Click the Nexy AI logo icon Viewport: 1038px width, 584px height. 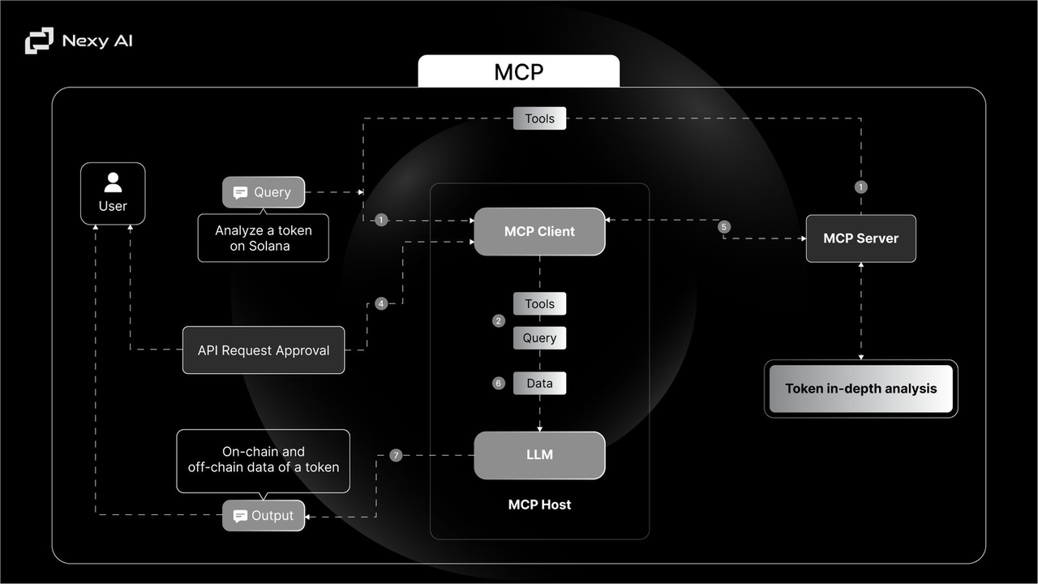click(x=39, y=41)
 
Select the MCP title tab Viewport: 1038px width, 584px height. click(x=519, y=71)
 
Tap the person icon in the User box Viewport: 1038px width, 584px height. click(x=113, y=182)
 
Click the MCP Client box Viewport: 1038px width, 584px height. click(x=539, y=231)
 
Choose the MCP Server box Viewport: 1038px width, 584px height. click(x=860, y=238)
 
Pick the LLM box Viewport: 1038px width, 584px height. click(x=539, y=455)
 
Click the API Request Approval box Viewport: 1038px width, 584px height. click(x=264, y=350)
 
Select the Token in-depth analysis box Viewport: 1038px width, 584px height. click(x=860, y=389)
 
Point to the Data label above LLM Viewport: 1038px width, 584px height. click(x=539, y=383)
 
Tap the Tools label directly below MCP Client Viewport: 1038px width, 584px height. click(x=539, y=304)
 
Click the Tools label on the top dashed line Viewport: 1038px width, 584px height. click(x=539, y=118)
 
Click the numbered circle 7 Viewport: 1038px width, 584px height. click(x=396, y=455)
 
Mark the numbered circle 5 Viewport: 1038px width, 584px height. click(x=724, y=227)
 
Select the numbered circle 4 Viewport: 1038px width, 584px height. click(x=381, y=303)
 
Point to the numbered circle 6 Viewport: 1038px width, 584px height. click(x=499, y=383)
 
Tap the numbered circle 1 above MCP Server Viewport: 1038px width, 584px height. click(x=861, y=187)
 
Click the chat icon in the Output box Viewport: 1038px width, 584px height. click(x=240, y=516)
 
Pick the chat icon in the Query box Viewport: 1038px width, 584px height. click(x=240, y=192)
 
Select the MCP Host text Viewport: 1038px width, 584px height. click(x=539, y=505)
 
